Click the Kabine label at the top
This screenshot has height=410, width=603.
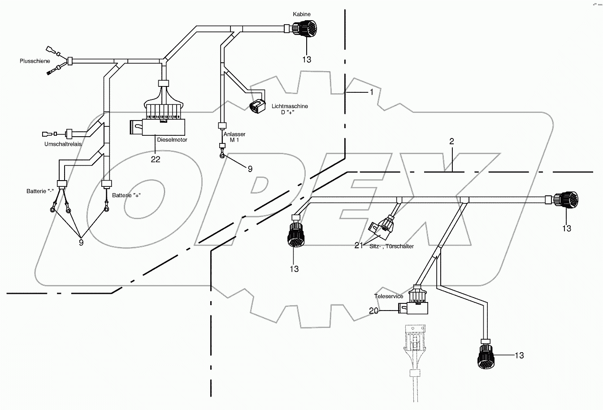pos(302,14)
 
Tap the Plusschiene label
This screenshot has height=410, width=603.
pos(35,61)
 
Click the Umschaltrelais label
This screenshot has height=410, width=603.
pos(62,144)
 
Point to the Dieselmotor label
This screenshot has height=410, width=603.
pos(172,140)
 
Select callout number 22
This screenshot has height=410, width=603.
pos(156,160)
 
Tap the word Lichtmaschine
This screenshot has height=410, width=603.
pos(290,106)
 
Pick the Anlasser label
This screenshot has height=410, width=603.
pos(234,134)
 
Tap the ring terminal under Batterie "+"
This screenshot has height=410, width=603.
pos(107,208)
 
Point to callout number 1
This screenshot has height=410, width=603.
pos(371,92)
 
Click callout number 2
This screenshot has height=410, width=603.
pos(452,141)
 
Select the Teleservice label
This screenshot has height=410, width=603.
pos(389,296)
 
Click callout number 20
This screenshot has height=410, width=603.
pos(373,311)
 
